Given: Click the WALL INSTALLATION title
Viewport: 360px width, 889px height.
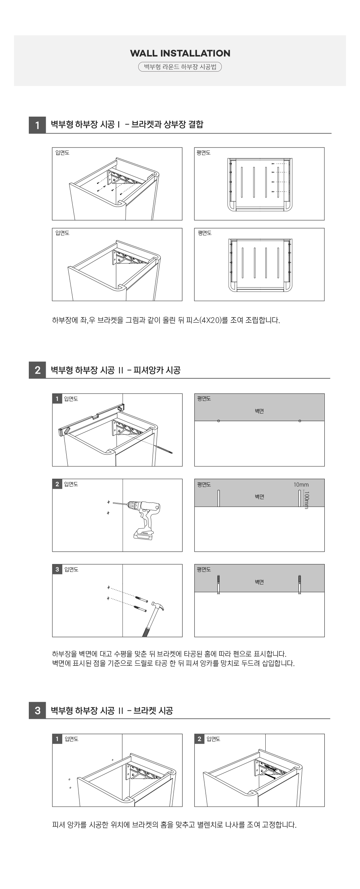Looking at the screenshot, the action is pyautogui.click(x=180, y=53).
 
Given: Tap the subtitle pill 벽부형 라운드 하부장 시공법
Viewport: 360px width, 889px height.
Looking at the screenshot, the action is pyautogui.click(x=180, y=67).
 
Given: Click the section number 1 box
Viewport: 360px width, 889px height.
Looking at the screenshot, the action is pyautogui.click(x=37, y=125).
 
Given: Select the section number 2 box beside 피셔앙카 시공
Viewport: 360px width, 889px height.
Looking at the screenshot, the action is pyautogui.click(x=37, y=370).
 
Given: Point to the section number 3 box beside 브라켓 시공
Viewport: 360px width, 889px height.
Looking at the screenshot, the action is pyautogui.click(x=37, y=710).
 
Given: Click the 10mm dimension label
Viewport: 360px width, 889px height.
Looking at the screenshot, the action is pyautogui.click(x=301, y=484).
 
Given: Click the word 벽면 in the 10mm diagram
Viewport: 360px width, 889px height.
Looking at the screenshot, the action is pyautogui.click(x=259, y=497).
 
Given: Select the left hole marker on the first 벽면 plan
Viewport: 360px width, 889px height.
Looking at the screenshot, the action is pyautogui.click(x=219, y=421).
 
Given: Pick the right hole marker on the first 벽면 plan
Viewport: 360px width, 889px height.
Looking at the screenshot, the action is pyautogui.click(x=300, y=421).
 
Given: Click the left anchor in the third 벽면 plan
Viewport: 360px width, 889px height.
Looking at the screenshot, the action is pyautogui.click(x=219, y=585).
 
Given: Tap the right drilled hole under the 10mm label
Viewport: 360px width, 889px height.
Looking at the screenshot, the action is pyautogui.click(x=300, y=498).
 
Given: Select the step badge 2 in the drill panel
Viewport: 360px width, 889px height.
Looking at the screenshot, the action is pyautogui.click(x=57, y=484).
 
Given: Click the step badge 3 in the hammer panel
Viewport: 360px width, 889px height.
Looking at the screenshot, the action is pyautogui.click(x=57, y=569).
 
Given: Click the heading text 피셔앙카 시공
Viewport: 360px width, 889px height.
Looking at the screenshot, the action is pyautogui.click(x=157, y=370).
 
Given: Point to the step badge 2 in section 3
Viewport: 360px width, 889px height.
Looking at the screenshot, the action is pyautogui.click(x=199, y=739).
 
